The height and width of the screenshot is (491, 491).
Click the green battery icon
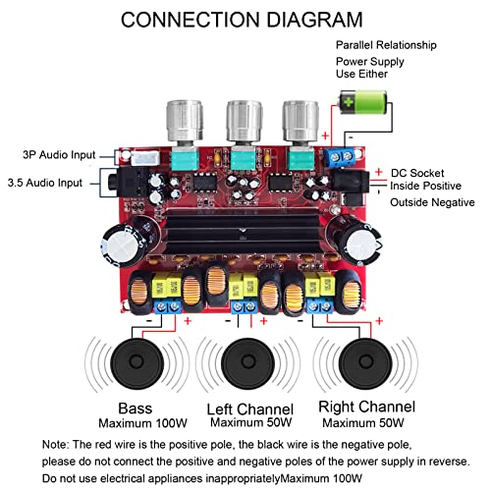[363, 102]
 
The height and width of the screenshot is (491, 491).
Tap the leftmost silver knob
[185, 121]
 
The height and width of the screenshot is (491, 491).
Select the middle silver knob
[245, 121]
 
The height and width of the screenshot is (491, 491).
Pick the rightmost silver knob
[300, 121]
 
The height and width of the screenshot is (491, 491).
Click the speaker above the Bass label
[136, 362]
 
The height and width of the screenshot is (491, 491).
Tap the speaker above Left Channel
[247, 362]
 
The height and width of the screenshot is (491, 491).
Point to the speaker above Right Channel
[365, 362]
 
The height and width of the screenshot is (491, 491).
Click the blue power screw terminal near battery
[341, 157]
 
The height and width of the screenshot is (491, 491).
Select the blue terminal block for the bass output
[168, 306]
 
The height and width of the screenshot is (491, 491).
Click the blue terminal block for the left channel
[245, 306]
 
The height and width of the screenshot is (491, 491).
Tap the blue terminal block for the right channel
[320, 306]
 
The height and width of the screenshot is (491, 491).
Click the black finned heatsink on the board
[244, 232]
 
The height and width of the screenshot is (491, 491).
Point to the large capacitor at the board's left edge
[130, 242]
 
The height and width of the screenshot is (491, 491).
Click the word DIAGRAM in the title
[315, 20]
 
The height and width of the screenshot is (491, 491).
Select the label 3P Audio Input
[59, 155]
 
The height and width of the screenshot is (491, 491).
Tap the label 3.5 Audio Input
[45, 183]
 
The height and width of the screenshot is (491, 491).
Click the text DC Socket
[417, 173]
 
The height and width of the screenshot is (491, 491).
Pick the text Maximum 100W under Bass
[142, 423]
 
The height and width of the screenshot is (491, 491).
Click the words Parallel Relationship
[386, 45]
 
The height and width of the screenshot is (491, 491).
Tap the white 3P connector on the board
[145, 158]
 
